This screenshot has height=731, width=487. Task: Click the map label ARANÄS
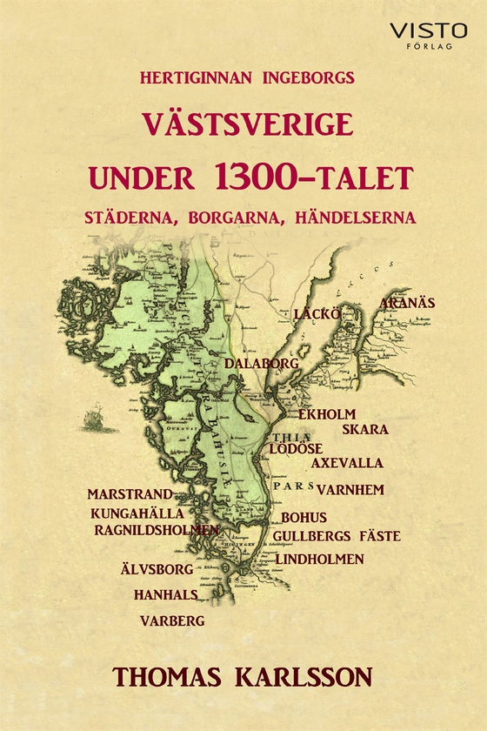(x=407, y=304)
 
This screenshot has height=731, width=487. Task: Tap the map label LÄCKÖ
(x=316, y=312)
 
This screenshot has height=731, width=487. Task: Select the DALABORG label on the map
(x=262, y=362)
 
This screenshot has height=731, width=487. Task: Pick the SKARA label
(x=365, y=430)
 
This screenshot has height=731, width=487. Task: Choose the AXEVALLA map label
(x=347, y=464)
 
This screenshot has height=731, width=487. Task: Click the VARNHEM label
(x=350, y=490)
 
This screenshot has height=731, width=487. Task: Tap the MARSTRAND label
(x=130, y=494)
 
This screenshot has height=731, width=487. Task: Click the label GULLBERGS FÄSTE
(x=337, y=536)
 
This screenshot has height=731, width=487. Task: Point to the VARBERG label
(x=172, y=621)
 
